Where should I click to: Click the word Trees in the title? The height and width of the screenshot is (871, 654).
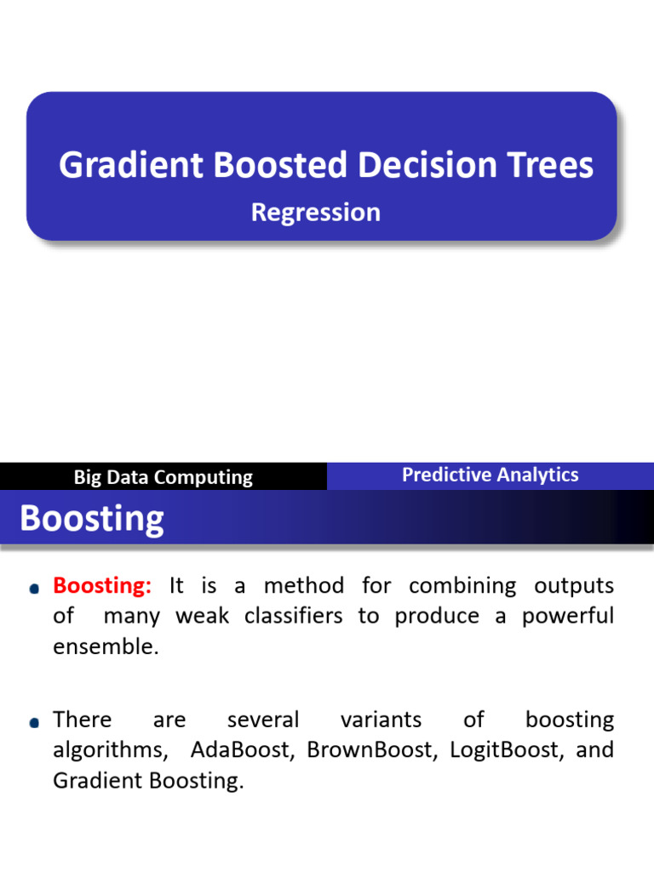click(x=545, y=166)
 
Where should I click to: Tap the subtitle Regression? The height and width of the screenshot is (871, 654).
click(x=315, y=212)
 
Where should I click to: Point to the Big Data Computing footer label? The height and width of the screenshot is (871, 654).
click(x=163, y=477)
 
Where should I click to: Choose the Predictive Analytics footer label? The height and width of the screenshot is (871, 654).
click(x=490, y=475)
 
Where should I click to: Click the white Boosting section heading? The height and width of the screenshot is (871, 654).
click(x=92, y=518)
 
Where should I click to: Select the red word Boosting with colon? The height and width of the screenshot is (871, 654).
click(x=102, y=585)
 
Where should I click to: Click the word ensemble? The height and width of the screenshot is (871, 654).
click(x=106, y=646)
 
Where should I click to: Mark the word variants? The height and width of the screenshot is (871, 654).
click(x=381, y=720)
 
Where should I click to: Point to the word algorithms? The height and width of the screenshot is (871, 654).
click(x=111, y=750)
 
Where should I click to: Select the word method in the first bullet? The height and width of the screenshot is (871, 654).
click(x=304, y=585)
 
